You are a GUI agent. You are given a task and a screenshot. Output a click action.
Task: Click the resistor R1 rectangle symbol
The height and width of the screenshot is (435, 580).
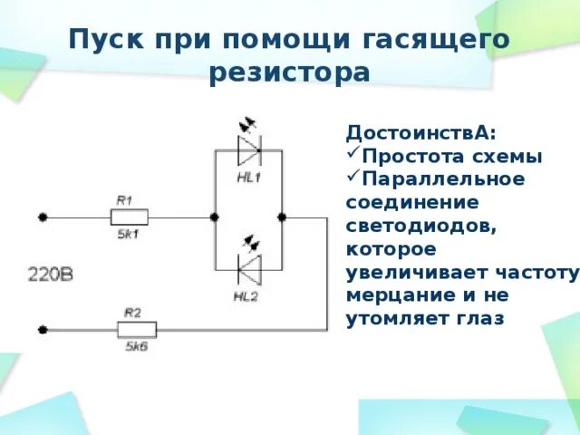pyautogui.click(x=129, y=217)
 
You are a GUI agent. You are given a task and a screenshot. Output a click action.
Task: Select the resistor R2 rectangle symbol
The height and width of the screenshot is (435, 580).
pyautogui.click(x=137, y=329)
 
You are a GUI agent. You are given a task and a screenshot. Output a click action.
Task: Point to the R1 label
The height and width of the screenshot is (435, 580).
pyautogui.click(x=125, y=200)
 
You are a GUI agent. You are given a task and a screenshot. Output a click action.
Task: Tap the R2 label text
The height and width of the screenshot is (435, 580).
pyautogui.click(x=132, y=312)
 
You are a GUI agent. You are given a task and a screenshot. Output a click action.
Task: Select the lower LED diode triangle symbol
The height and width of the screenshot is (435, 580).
pyautogui.click(x=248, y=268)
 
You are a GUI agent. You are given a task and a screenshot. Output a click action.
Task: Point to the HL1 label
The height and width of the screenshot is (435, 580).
pyautogui.click(x=248, y=178)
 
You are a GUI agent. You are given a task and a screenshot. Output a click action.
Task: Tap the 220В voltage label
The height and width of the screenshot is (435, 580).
pyautogui.click(x=49, y=272)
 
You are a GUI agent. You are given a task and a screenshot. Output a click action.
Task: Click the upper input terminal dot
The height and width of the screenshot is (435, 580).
pyautogui.click(x=42, y=217)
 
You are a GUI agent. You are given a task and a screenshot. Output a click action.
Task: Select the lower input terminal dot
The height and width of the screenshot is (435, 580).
pyautogui.click(x=42, y=329)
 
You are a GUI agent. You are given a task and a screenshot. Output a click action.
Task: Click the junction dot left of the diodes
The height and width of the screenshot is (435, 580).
pyautogui.click(x=214, y=217)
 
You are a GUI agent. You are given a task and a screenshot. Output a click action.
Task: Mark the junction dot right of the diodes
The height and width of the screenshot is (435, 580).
pyautogui.click(x=282, y=217)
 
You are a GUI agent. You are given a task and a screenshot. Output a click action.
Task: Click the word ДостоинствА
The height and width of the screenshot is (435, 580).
pyautogui.click(x=421, y=132)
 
